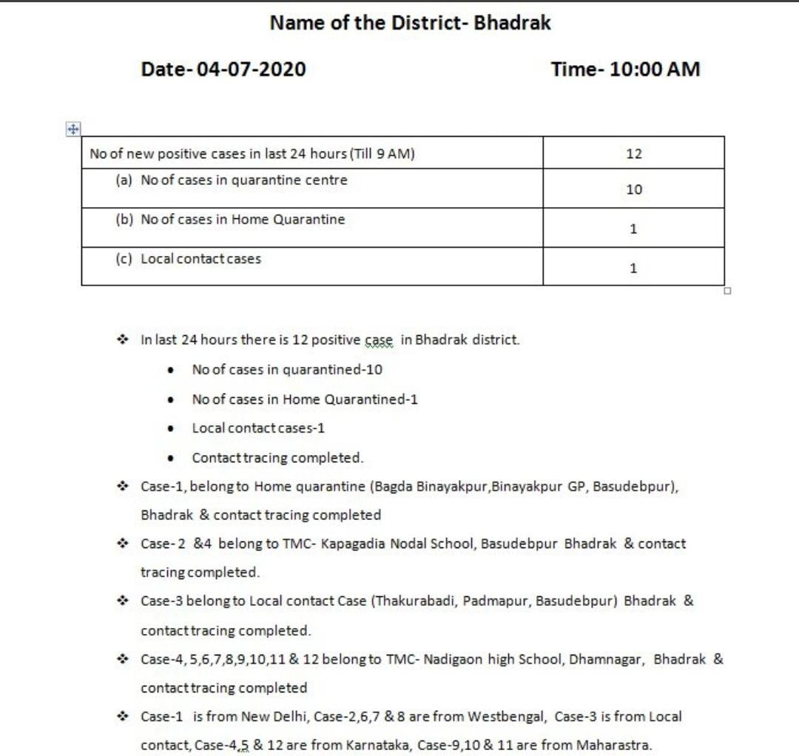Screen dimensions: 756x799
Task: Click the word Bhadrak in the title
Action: point(512,23)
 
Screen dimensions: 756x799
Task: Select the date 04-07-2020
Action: point(251,70)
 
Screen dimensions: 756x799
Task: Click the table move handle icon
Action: point(73,129)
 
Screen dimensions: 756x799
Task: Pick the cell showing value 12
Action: point(633,154)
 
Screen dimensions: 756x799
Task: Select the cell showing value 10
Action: point(633,189)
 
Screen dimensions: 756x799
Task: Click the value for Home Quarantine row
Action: point(633,229)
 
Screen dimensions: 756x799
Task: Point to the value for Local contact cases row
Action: point(633,268)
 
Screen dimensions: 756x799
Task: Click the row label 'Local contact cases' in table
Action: point(200,259)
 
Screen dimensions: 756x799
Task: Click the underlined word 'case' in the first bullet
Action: point(379,340)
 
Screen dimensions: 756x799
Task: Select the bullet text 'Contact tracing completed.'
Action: point(277,458)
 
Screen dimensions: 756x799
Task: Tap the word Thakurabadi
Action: point(416,601)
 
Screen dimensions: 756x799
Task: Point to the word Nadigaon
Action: point(454,659)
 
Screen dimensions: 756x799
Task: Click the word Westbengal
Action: point(508,716)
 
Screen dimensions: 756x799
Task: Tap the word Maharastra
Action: point(614,745)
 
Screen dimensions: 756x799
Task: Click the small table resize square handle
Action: point(727,291)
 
